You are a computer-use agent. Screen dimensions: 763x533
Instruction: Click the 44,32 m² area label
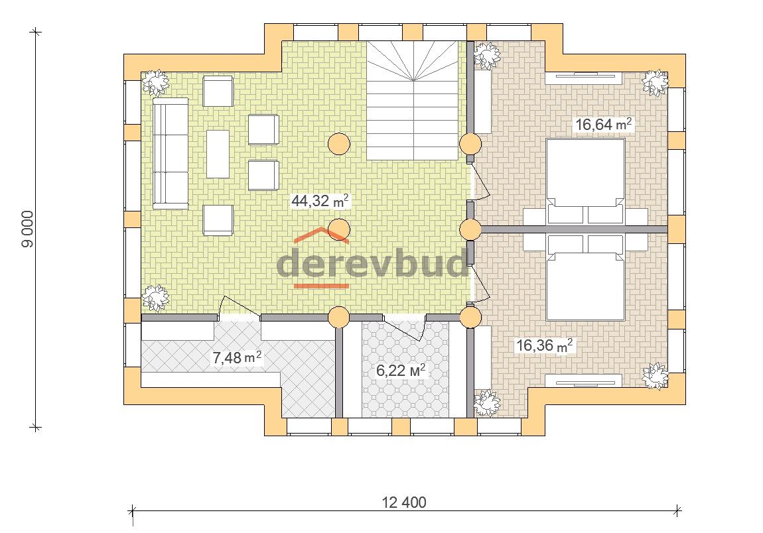click(x=320, y=200)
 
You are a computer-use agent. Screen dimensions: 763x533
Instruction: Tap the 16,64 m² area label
click(x=603, y=124)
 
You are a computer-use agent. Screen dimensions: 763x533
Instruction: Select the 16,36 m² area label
click(x=544, y=345)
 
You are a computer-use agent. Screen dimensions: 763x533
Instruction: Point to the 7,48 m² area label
click(x=237, y=357)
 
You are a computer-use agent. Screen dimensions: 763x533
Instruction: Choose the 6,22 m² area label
click(x=401, y=370)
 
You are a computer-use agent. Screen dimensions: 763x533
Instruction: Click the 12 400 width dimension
click(x=404, y=503)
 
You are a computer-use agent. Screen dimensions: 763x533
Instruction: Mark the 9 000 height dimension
click(x=28, y=229)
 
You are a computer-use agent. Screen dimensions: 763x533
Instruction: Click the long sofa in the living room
click(x=171, y=154)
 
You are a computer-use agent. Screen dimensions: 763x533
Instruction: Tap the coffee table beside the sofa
click(x=218, y=154)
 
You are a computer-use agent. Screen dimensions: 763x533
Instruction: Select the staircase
click(x=413, y=100)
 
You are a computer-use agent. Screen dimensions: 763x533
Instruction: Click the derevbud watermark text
click(x=372, y=263)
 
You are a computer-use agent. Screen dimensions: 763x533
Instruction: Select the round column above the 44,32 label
click(x=338, y=144)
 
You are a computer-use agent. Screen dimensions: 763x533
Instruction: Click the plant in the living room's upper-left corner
click(x=156, y=83)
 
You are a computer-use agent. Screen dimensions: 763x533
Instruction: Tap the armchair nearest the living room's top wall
click(x=218, y=91)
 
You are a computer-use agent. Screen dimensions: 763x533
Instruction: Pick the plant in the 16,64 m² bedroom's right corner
click(x=655, y=83)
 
